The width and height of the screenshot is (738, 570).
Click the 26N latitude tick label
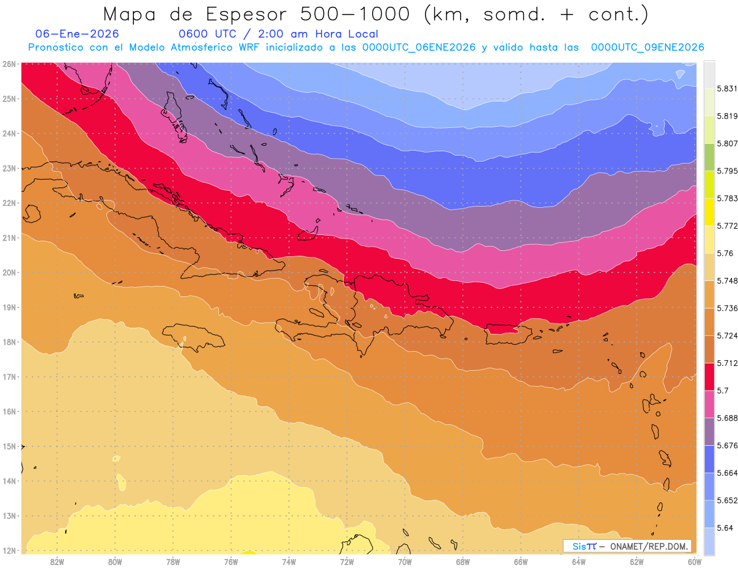coord(9,64)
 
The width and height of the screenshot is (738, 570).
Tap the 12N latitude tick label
coord(9,550)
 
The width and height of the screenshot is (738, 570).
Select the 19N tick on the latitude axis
coord(9,307)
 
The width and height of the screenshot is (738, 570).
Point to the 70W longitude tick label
coord(405,561)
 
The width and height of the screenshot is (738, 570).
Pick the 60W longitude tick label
coord(694,561)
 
